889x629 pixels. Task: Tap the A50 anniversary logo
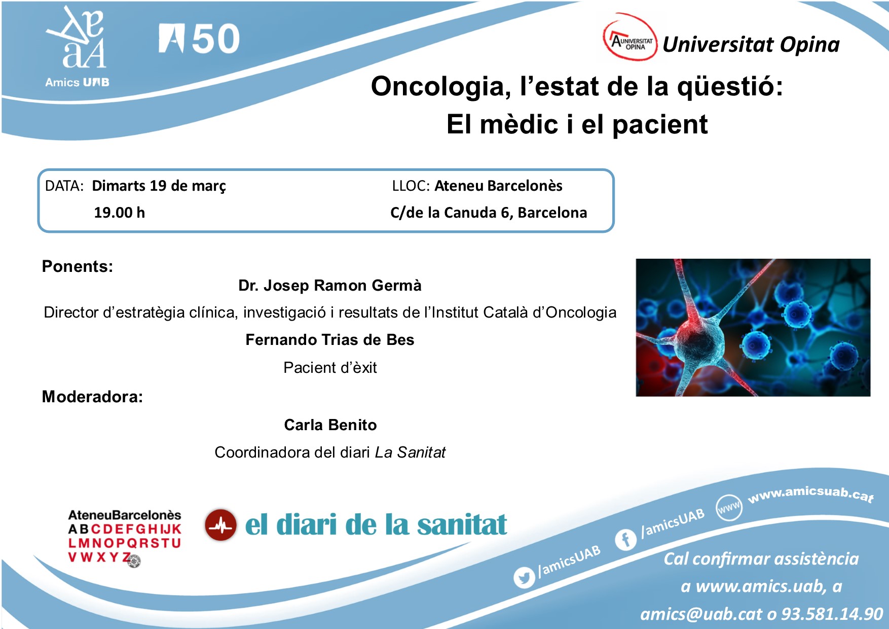199,39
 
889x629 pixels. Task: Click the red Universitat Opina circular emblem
630,39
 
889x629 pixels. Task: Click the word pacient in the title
660,125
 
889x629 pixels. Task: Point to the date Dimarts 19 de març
159,186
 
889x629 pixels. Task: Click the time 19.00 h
119,213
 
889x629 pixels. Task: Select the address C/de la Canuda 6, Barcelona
489,213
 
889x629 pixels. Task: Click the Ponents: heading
78,266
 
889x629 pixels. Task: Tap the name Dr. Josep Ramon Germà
330,286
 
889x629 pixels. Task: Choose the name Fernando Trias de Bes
330,340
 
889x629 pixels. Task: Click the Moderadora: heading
92,397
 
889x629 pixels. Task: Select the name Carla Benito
330,425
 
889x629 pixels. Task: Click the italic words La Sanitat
410,452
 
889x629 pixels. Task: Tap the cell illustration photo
753,328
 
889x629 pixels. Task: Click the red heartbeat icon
221,525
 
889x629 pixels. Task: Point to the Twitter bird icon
524,577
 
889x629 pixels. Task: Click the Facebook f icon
626,539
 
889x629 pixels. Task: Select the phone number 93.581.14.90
832,614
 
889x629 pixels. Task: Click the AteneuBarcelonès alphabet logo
125,538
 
